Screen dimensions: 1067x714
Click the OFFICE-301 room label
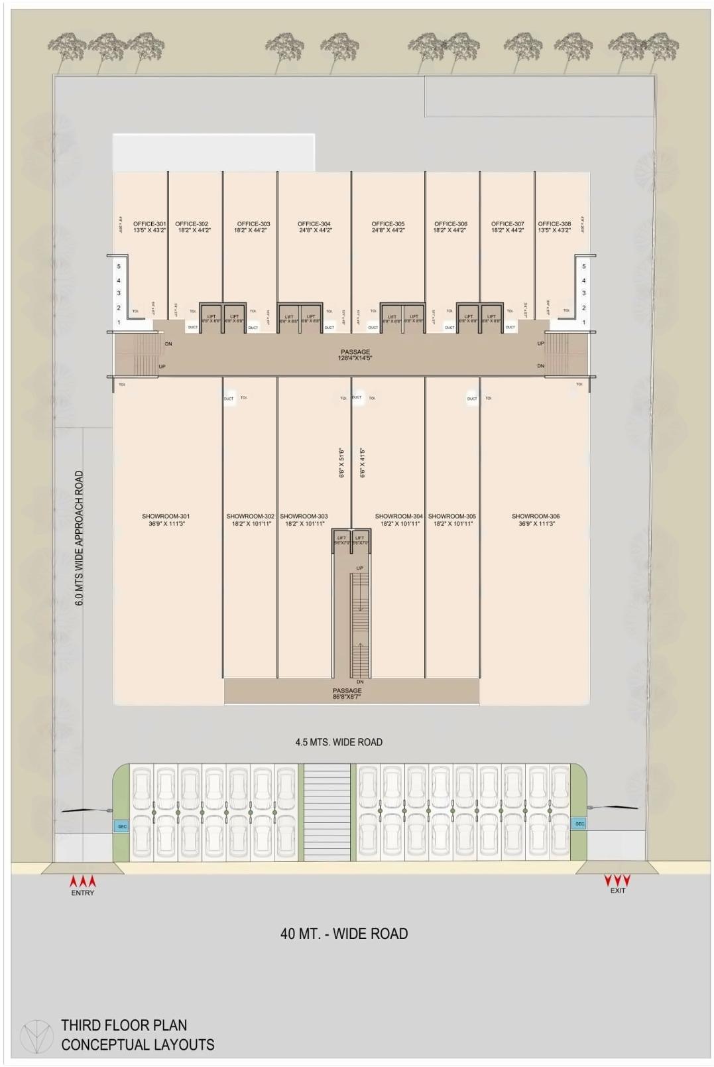click(x=149, y=227)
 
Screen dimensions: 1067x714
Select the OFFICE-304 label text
click(x=314, y=227)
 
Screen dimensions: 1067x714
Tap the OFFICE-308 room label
click(x=554, y=227)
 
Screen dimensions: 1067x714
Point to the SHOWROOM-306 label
click(x=536, y=519)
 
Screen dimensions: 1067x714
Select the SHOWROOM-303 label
click(x=304, y=519)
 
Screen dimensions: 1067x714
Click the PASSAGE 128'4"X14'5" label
click(x=355, y=355)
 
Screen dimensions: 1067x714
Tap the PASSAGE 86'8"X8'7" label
click(x=347, y=694)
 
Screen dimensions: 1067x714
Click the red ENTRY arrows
click(x=83, y=881)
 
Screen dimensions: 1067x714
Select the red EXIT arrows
click(x=617, y=880)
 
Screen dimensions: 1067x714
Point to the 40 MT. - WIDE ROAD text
click(x=343, y=933)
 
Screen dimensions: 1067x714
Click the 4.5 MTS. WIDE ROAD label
click(x=339, y=742)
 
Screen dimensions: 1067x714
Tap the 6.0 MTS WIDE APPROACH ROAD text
click(x=80, y=538)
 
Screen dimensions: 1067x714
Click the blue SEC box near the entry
click(x=122, y=826)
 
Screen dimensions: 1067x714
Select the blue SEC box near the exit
click(x=579, y=824)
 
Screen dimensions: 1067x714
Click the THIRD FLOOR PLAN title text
click(x=124, y=1025)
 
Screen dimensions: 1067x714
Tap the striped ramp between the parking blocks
click(x=327, y=812)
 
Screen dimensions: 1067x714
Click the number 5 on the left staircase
click(x=119, y=266)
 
